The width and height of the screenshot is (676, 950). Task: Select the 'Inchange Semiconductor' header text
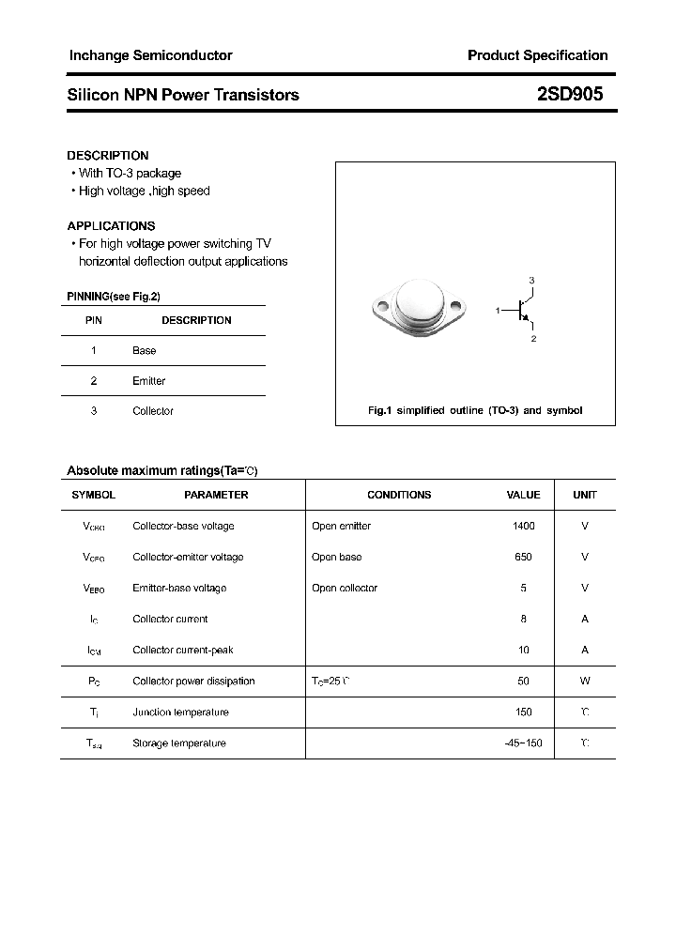[150, 55]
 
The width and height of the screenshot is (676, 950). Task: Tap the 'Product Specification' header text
[537, 55]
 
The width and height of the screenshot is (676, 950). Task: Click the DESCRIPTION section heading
[108, 155]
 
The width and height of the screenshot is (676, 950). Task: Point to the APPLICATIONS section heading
[111, 225]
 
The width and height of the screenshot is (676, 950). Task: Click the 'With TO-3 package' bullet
[130, 173]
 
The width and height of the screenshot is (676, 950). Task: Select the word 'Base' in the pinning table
[145, 350]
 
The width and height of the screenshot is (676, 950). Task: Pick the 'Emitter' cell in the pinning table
[148, 380]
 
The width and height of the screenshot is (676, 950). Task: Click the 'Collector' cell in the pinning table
[153, 411]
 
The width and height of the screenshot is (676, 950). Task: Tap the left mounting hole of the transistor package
[382, 306]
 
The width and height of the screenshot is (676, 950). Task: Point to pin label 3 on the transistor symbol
[531, 281]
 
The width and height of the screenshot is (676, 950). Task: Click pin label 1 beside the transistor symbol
[498, 309]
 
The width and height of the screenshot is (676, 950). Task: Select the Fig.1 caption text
[474, 410]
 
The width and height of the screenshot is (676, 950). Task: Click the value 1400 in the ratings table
[523, 526]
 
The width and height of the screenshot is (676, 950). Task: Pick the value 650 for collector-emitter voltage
[523, 557]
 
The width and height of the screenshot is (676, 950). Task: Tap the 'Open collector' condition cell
[345, 588]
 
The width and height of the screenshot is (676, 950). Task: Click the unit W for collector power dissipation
[585, 681]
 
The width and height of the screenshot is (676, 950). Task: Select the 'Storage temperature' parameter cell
[179, 743]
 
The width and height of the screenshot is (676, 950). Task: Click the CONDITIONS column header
[399, 495]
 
